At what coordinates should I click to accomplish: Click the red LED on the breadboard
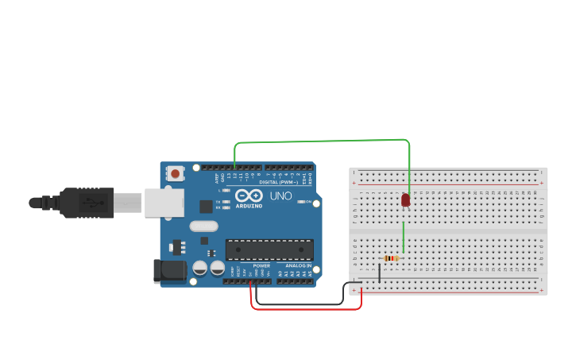pyautogui.click(x=405, y=199)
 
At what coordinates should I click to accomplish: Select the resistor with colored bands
pyautogui.click(x=391, y=258)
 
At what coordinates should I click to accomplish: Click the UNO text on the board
pyautogui.click(x=280, y=195)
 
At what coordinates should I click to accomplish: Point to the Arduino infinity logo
pyautogui.click(x=249, y=195)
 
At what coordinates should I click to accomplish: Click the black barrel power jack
pyautogui.click(x=169, y=271)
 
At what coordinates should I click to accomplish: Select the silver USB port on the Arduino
pyautogui.click(x=163, y=203)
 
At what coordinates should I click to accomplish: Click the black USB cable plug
pyautogui.click(x=87, y=203)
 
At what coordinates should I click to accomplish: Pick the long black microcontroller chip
pyautogui.click(x=269, y=250)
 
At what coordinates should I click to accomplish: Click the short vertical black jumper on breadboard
pyautogui.click(x=379, y=273)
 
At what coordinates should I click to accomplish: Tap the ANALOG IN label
pyautogui.click(x=298, y=265)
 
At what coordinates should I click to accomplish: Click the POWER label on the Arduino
pyautogui.click(x=261, y=265)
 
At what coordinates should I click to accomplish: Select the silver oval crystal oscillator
pyautogui.click(x=203, y=226)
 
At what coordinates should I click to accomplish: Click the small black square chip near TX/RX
pyautogui.click(x=206, y=206)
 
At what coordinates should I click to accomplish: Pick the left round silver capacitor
pyautogui.click(x=199, y=268)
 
